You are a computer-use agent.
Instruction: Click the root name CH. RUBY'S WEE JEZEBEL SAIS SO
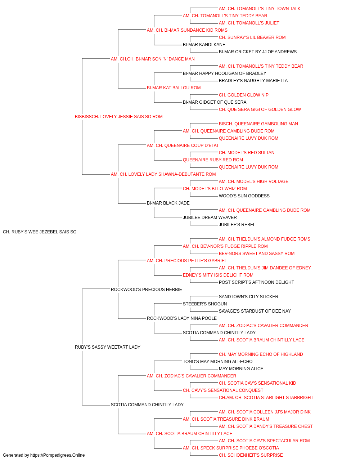40,232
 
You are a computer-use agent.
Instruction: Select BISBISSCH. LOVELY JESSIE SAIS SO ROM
119,117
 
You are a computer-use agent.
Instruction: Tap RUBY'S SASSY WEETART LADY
108,347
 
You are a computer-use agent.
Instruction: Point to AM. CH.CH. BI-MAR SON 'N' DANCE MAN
153,59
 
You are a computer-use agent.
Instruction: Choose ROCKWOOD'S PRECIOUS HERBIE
146,289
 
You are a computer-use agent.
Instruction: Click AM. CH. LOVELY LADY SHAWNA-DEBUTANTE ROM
163,174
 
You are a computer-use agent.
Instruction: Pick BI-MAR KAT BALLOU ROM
174,88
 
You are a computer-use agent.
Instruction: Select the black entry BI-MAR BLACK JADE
168,203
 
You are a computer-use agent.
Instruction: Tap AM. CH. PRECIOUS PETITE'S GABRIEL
187,260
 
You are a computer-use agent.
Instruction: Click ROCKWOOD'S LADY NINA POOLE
182,318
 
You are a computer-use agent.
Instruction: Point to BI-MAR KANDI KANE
204,45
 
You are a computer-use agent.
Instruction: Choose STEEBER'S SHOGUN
205,304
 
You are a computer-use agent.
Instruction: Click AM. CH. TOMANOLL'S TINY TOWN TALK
260,9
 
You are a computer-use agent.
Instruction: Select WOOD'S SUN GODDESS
244,196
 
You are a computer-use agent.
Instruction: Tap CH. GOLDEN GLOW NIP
244,95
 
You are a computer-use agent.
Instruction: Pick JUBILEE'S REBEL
237,225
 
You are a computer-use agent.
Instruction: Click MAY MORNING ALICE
241,369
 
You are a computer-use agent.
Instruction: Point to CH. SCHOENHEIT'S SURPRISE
251,455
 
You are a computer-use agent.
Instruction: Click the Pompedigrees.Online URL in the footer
58,455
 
